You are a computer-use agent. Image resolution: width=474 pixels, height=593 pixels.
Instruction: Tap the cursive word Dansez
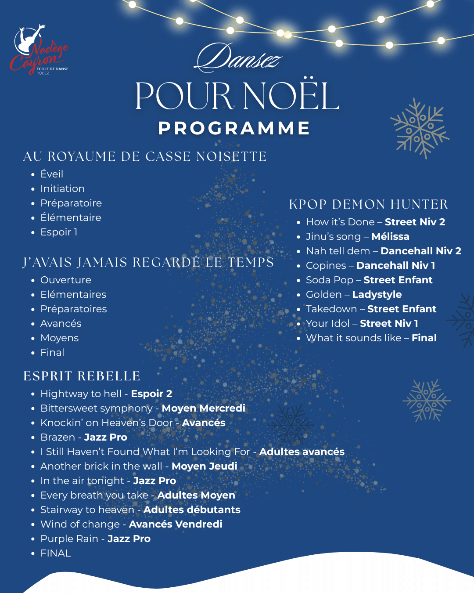(238, 58)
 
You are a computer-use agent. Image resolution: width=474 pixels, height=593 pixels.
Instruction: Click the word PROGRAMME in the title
(234, 128)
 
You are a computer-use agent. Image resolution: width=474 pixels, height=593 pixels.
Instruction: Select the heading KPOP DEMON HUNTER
(368, 204)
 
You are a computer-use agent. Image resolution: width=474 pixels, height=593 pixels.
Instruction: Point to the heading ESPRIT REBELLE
(82, 376)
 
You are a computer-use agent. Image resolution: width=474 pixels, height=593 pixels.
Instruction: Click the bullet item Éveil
(52, 174)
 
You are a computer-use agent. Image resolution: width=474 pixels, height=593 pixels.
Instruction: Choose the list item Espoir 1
(59, 232)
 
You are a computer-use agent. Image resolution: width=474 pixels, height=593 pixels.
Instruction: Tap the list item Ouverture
(66, 280)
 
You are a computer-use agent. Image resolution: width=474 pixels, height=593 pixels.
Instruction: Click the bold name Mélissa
(390, 236)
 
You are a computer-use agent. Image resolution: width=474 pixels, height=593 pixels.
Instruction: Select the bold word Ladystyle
(377, 294)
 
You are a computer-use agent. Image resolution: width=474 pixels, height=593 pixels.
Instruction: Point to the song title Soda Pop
(330, 280)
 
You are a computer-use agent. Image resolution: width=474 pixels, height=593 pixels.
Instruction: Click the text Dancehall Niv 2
(421, 251)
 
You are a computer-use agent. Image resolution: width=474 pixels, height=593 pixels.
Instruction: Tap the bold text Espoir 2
(151, 394)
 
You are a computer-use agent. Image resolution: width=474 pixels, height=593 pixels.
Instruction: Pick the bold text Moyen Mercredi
(203, 408)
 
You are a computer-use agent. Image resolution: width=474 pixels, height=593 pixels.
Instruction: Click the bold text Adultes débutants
(192, 510)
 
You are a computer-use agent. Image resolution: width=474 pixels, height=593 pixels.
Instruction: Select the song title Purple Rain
(69, 539)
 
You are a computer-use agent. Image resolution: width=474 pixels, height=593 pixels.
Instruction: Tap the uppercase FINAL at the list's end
(55, 553)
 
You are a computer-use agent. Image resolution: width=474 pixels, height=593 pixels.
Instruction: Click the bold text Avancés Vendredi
(176, 524)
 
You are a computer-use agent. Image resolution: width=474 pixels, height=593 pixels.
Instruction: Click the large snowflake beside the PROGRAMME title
(420, 128)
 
